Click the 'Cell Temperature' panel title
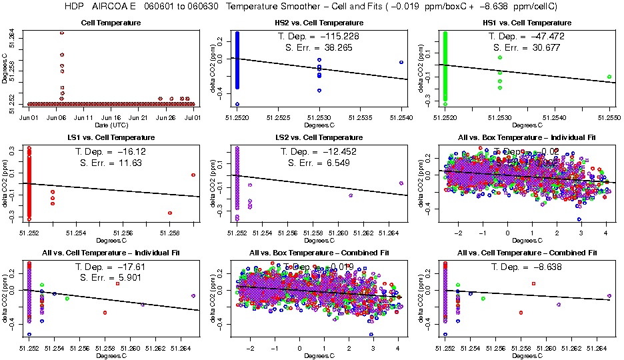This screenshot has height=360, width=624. coord(111,23)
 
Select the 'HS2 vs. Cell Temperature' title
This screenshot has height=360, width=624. coord(319,23)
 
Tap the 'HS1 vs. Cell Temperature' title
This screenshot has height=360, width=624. coord(527,23)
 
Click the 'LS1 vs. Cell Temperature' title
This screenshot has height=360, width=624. coord(111,138)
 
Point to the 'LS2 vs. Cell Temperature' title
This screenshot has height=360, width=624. coord(319,138)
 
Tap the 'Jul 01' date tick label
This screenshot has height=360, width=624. coord(193,118)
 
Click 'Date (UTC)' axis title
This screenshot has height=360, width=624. coord(111,125)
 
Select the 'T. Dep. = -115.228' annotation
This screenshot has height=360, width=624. coord(319,36)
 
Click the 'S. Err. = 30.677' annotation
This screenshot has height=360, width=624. coord(527,47)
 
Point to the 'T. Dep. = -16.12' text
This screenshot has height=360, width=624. coord(111,151)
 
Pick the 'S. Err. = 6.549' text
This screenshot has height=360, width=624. coord(319,163)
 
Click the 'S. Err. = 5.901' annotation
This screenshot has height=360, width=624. coord(111,278)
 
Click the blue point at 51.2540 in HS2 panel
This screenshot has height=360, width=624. coord(401,63)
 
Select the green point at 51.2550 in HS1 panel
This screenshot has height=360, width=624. coord(609,77)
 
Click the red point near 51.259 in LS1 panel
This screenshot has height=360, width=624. coord(193,175)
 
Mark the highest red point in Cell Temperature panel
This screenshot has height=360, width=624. coord(62,33)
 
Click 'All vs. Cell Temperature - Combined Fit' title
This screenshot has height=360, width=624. coord(527,253)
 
